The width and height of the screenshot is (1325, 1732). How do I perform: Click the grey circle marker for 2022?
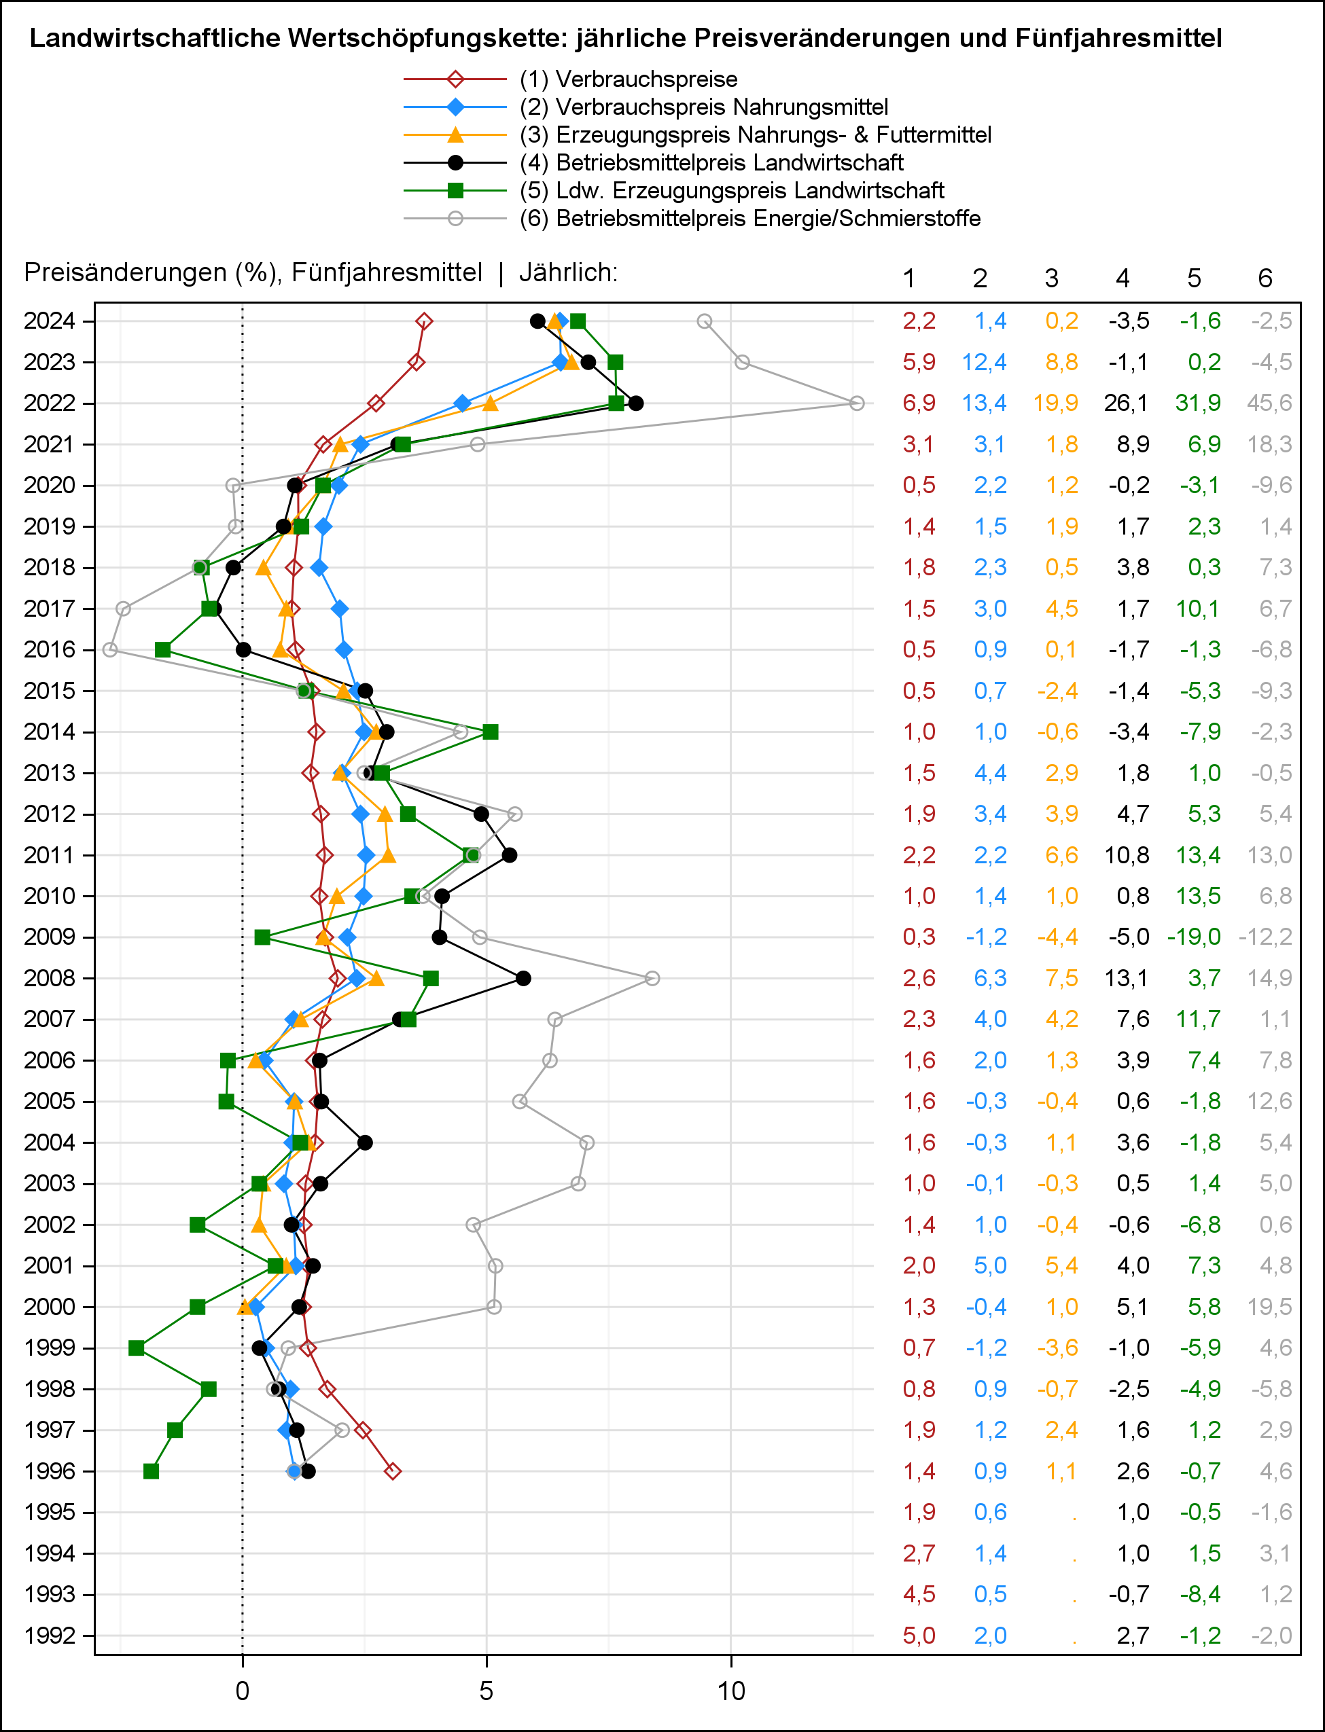point(857,403)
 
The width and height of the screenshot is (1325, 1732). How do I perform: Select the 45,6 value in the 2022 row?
point(1269,403)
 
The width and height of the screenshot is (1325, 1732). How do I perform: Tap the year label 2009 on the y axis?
point(49,937)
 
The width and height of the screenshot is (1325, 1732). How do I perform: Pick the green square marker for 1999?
point(137,1348)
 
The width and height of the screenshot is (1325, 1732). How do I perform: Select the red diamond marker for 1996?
point(393,1471)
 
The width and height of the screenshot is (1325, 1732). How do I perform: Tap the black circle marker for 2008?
point(523,977)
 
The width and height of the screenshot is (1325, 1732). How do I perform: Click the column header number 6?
point(1265,278)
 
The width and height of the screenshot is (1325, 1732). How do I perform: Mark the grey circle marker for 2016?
point(110,649)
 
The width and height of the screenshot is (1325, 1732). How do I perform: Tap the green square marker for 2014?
point(491,732)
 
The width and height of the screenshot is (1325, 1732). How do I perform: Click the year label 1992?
point(49,1635)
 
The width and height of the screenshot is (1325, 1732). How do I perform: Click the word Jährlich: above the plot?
point(568,273)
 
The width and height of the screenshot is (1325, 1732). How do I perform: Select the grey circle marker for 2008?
point(652,977)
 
